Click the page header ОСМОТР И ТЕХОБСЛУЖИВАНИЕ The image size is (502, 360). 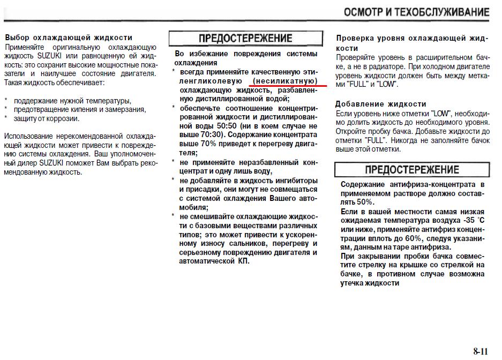(x=416, y=12)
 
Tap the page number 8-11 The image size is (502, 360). (x=481, y=351)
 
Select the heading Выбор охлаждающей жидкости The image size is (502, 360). (x=69, y=38)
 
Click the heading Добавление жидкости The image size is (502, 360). (x=381, y=104)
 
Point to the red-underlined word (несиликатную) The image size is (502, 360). (x=287, y=80)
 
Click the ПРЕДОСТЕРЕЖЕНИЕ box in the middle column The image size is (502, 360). (x=246, y=39)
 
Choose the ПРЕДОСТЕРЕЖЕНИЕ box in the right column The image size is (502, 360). (x=411, y=170)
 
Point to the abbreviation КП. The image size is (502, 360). (x=244, y=261)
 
